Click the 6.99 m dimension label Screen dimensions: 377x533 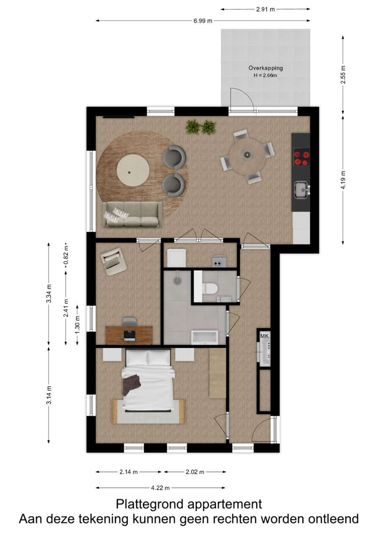tap(202, 21)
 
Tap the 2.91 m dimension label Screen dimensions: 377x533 tap(265, 9)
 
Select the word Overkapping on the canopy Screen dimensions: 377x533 tap(266, 68)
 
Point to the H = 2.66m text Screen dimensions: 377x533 tap(265, 76)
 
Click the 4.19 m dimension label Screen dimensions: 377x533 tap(343, 180)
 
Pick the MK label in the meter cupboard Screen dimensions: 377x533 tap(265, 336)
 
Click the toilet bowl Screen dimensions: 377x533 tap(210, 289)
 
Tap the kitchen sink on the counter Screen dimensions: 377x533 tap(301, 190)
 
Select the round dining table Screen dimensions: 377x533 tap(247, 156)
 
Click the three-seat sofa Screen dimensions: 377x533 tap(132, 215)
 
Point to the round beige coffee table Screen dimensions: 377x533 tap(133, 170)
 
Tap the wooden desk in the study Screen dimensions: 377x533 tap(129, 336)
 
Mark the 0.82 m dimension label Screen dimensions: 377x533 tap(66, 255)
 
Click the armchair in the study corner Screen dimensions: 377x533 tap(114, 261)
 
